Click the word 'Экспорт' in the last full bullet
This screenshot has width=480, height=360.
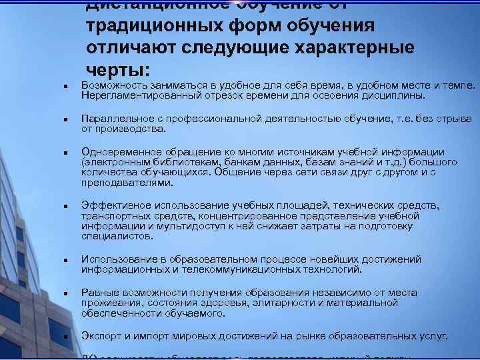100,337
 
